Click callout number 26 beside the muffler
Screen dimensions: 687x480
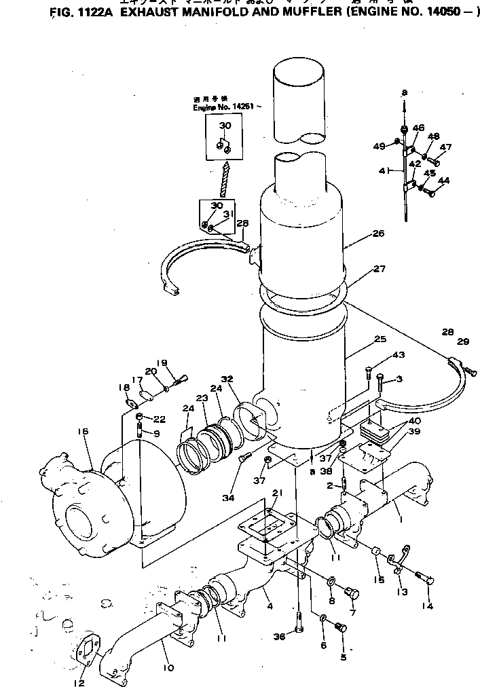pyautogui.click(x=378, y=234)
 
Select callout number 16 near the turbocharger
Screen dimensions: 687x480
pyautogui.click(x=84, y=430)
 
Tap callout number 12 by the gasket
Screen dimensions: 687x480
pyautogui.click(x=79, y=682)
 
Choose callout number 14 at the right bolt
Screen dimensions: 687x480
pyautogui.click(x=428, y=605)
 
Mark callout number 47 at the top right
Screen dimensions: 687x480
pyautogui.click(x=445, y=147)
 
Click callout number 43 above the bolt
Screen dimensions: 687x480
pyautogui.click(x=398, y=355)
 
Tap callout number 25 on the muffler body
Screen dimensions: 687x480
pyautogui.click(x=380, y=338)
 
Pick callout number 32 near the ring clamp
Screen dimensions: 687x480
pyautogui.click(x=226, y=379)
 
